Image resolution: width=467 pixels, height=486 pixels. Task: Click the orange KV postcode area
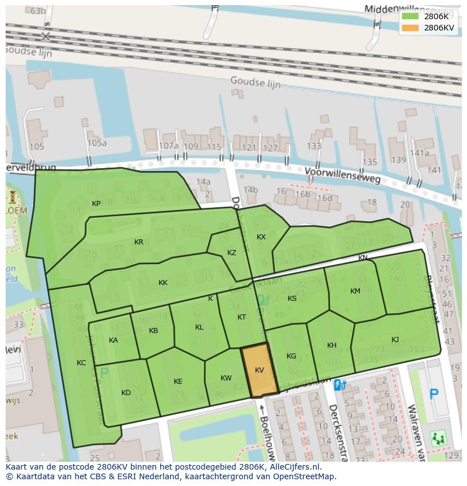click(x=259, y=370)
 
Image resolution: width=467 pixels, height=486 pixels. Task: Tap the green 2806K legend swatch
click(x=410, y=16)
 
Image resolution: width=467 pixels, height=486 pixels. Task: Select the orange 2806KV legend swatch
click(x=410, y=28)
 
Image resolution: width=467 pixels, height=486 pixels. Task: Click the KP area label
click(x=96, y=204)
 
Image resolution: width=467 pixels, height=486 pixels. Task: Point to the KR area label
click(x=139, y=242)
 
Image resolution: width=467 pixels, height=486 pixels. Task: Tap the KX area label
click(x=261, y=237)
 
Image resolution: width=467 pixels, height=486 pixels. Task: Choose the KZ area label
click(x=232, y=253)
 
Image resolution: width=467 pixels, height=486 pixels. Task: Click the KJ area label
click(x=395, y=340)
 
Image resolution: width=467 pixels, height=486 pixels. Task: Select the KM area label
click(x=355, y=291)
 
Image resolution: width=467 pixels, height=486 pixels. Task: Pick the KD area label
click(x=126, y=393)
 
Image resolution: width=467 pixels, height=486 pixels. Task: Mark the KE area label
click(x=178, y=382)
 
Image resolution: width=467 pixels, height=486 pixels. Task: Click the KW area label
click(x=226, y=378)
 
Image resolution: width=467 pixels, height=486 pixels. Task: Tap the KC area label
click(x=81, y=363)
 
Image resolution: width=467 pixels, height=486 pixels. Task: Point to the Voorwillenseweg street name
click(x=342, y=175)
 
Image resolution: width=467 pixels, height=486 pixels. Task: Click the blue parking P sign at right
click(x=434, y=394)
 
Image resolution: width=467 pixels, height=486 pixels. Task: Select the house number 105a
click(x=96, y=143)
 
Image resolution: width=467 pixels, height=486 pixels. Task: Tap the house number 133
click(x=314, y=146)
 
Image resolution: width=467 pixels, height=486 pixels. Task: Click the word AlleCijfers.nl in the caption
click(x=294, y=467)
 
